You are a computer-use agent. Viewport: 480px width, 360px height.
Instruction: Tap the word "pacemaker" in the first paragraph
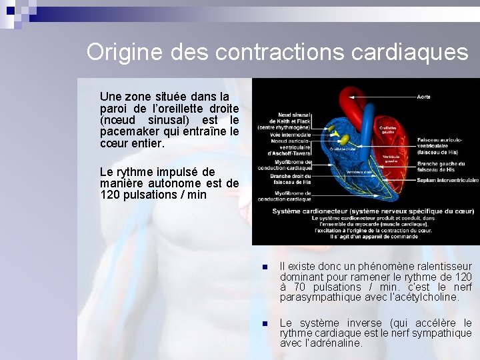point(131,132)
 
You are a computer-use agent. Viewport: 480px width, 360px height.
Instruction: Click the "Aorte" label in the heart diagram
point(423,97)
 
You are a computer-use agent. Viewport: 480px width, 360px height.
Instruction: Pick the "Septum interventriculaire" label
point(447,180)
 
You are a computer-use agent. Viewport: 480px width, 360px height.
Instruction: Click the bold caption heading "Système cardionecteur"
point(301,211)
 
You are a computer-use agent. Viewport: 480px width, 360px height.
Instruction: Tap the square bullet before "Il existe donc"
point(264,267)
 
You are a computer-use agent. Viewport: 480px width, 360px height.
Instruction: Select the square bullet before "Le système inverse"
point(264,323)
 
